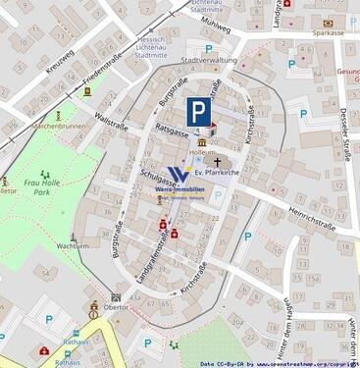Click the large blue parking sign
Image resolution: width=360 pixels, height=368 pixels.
(x=199, y=112)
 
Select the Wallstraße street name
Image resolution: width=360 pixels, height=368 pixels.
(x=113, y=124)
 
